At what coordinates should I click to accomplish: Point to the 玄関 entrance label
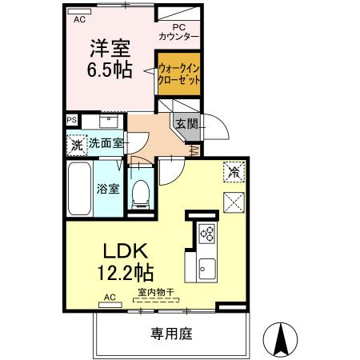coord(186,123)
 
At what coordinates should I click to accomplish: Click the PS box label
coord(72,120)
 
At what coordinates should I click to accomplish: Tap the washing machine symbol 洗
coord(76,146)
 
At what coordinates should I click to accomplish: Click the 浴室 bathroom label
coord(108,190)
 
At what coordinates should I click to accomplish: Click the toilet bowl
coord(141,192)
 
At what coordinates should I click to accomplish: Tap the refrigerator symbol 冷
coord(234,170)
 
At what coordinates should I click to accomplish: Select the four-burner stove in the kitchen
coord(206,234)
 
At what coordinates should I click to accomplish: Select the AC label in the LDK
coord(110,298)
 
